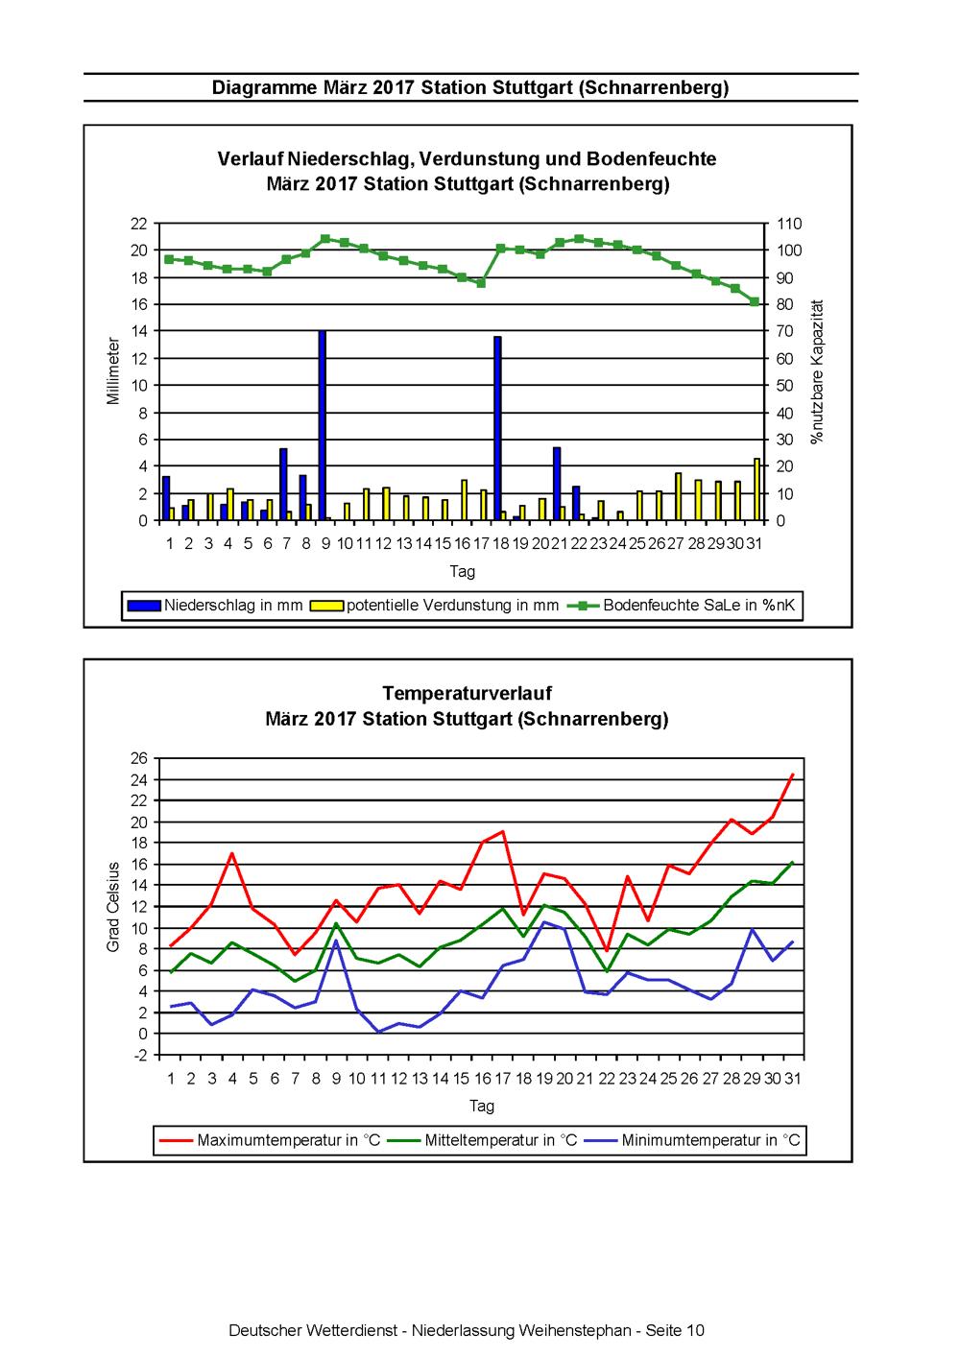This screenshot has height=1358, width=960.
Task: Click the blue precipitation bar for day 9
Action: click(322, 425)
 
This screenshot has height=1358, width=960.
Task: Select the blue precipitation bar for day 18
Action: click(497, 428)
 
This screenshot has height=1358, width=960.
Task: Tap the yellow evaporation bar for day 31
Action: click(756, 489)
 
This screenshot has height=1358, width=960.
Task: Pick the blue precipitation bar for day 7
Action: click(283, 484)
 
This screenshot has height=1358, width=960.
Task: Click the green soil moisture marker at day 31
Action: click(755, 302)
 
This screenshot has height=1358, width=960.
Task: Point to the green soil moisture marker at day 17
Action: click(481, 283)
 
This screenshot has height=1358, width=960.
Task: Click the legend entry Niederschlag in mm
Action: click(215, 605)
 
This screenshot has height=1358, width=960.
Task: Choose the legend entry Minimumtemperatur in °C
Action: click(692, 1140)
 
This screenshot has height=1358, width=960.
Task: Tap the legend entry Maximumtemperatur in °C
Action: click(270, 1140)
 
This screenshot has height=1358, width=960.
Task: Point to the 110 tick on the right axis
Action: click(789, 224)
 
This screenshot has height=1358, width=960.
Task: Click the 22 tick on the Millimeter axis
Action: click(139, 224)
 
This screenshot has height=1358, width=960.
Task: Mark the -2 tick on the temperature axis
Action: click(140, 1056)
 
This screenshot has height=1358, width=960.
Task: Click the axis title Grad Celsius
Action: click(112, 907)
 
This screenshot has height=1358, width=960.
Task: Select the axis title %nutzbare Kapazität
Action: click(817, 371)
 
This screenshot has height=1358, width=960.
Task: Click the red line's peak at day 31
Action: click(792, 774)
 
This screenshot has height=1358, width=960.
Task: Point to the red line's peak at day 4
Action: click(231, 853)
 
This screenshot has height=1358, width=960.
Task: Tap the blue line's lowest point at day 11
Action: click(378, 1032)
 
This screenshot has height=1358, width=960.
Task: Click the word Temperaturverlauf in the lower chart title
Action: click(467, 693)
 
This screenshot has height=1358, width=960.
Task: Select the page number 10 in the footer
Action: click(695, 1331)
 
